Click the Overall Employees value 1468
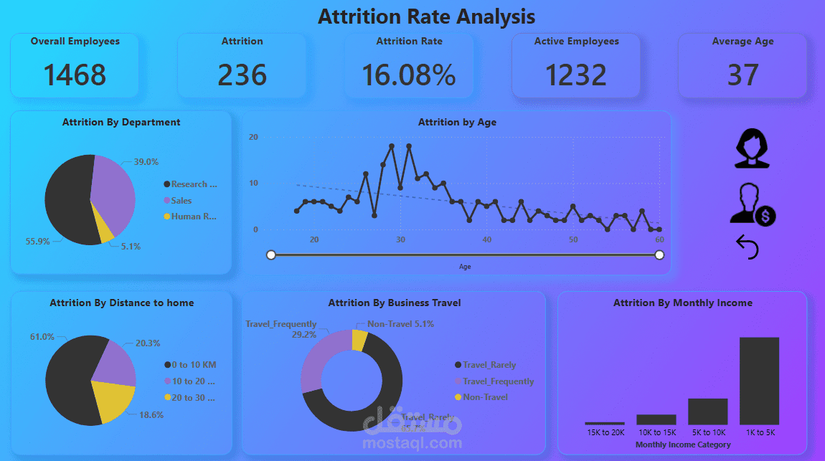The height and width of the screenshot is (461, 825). click(x=75, y=75)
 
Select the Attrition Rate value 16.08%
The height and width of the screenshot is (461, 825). click(x=408, y=75)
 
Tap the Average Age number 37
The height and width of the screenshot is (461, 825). click(x=742, y=75)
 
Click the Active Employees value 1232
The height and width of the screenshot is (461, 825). click(x=576, y=75)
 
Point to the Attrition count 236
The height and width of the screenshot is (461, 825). click(x=242, y=75)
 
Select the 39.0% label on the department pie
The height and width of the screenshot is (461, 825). click(x=146, y=162)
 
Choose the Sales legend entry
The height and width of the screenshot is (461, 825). click(x=181, y=201)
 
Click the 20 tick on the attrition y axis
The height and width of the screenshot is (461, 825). click(x=253, y=137)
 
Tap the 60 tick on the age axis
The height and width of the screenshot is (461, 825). click(x=659, y=239)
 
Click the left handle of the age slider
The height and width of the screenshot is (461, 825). click(x=271, y=255)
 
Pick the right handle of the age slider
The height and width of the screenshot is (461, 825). click(x=659, y=255)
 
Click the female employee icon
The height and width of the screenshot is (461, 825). click(x=752, y=148)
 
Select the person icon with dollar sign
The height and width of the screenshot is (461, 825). click(x=752, y=204)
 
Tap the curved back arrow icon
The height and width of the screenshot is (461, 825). click(x=748, y=247)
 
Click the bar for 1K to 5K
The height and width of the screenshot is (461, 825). click(x=759, y=381)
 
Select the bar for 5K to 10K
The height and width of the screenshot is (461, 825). click(x=707, y=412)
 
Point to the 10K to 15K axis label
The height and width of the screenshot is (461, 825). click(x=656, y=432)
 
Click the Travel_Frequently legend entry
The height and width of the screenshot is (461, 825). click(x=498, y=381)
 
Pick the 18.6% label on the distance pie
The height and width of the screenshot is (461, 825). click(x=151, y=414)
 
